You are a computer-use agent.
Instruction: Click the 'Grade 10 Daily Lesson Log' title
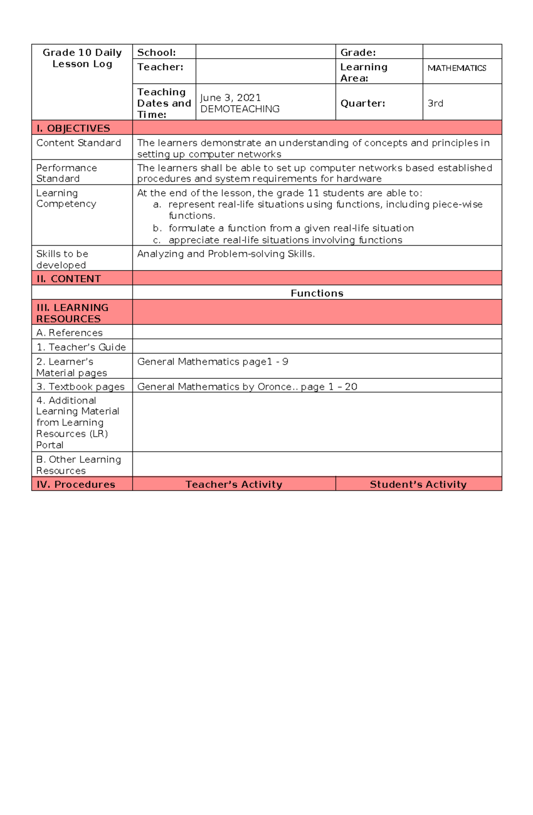[82, 58]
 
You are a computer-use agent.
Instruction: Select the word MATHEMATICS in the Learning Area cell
[457, 68]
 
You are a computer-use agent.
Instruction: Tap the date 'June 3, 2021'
[230, 98]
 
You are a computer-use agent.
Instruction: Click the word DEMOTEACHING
[240, 109]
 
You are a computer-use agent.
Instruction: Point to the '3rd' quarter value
[435, 103]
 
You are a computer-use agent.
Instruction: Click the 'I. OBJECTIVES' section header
[73, 128]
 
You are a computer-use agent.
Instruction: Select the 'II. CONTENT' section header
[69, 279]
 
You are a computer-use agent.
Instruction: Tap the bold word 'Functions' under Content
[317, 293]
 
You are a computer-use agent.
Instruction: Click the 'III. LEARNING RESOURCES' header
[72, 313]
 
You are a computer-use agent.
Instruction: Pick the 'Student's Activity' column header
[418, 485]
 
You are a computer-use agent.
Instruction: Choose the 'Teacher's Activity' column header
[234, 485]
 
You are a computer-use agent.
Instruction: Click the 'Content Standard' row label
[79, 143]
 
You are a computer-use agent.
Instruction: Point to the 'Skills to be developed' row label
[62, 259]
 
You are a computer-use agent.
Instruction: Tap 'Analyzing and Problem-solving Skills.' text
[226, 254]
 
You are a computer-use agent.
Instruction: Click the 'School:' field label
[156, 52]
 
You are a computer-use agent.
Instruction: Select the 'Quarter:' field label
[362, 103]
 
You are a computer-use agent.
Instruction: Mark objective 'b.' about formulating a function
[291, 228]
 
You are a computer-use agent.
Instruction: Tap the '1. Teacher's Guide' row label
[81, 347]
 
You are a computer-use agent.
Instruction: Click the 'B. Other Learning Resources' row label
[79, 465]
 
